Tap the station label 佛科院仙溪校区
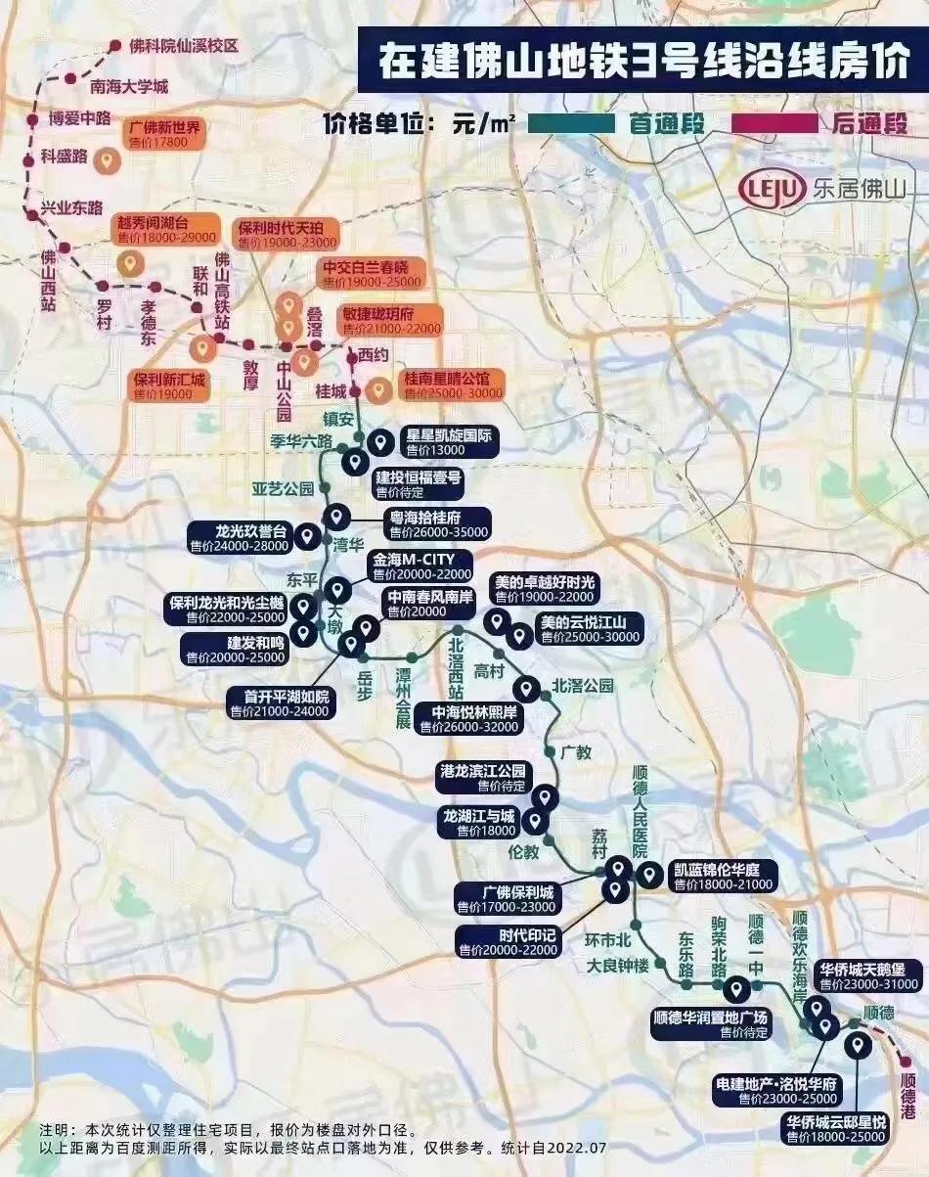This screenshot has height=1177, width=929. click(185, 46)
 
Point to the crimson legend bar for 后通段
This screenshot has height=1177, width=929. click(769, 124)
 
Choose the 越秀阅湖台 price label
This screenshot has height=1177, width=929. click(164, 230)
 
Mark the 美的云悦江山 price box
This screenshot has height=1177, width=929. click(590, 629)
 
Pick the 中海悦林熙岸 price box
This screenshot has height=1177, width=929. click(467, 719)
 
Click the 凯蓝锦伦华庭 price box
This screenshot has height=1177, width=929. click(722, 877)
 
